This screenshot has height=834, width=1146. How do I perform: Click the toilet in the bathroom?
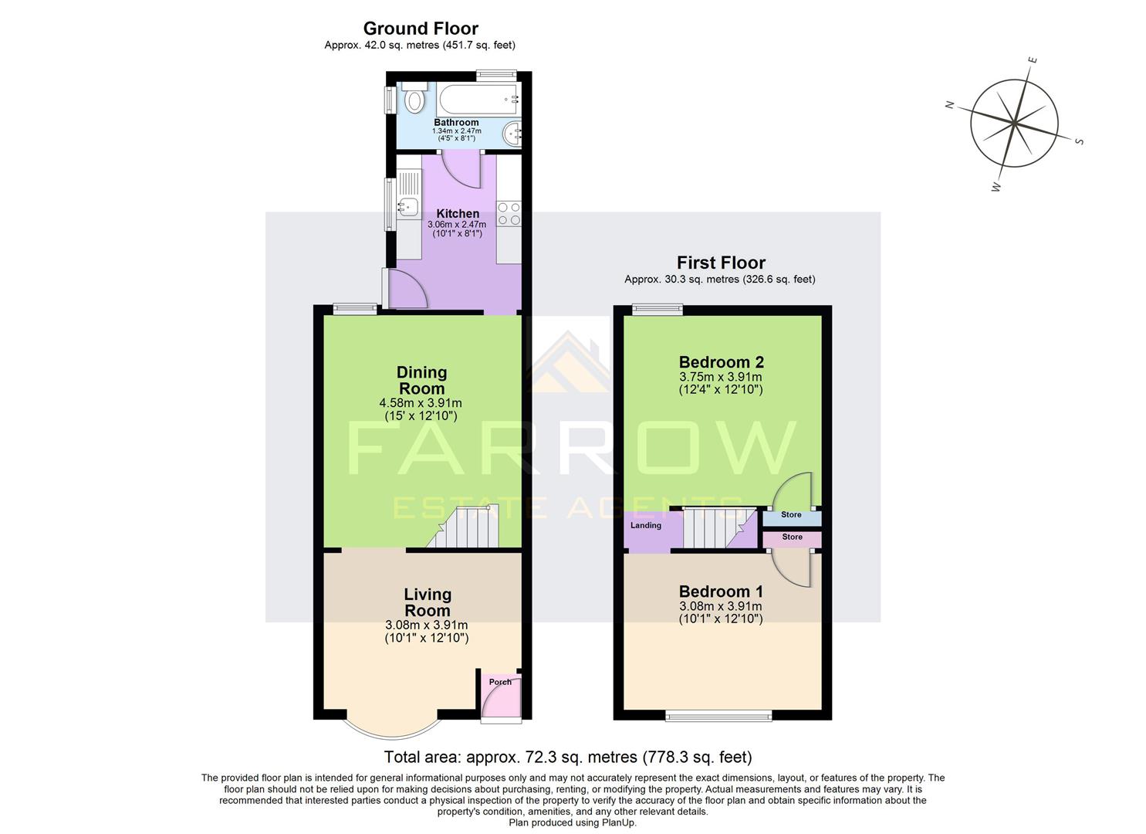414,100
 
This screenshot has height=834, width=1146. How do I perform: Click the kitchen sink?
407,206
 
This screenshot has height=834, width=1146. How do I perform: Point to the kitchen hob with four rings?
509,213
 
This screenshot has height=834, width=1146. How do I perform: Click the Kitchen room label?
458,214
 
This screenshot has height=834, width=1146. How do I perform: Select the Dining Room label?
421,381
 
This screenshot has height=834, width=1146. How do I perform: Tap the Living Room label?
428,602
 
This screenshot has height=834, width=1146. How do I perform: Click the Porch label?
500,682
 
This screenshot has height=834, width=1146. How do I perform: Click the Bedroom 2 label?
721,362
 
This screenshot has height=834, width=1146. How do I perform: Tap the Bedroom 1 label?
721,592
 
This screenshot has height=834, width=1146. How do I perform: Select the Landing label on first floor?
646,526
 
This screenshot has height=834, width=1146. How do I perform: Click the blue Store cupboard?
791,515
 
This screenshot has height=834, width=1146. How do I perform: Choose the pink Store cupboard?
792,537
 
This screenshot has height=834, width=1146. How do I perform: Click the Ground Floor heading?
421,29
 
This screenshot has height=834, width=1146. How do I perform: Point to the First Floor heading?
721,263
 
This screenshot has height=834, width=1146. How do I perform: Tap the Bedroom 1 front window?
719,717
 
